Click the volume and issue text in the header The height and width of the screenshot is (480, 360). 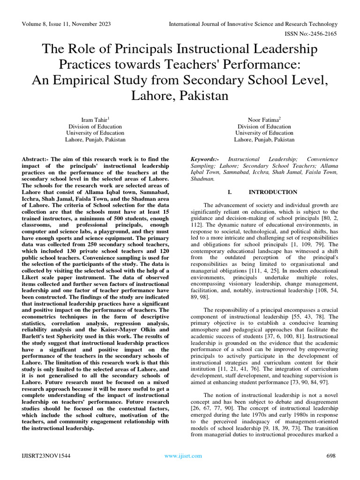66,24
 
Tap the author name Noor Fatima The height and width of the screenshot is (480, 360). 263,120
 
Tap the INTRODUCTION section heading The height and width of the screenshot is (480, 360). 273,192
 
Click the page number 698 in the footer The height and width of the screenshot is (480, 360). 331,456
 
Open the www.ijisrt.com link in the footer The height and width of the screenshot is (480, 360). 183,456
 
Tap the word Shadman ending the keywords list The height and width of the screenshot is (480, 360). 202,179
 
